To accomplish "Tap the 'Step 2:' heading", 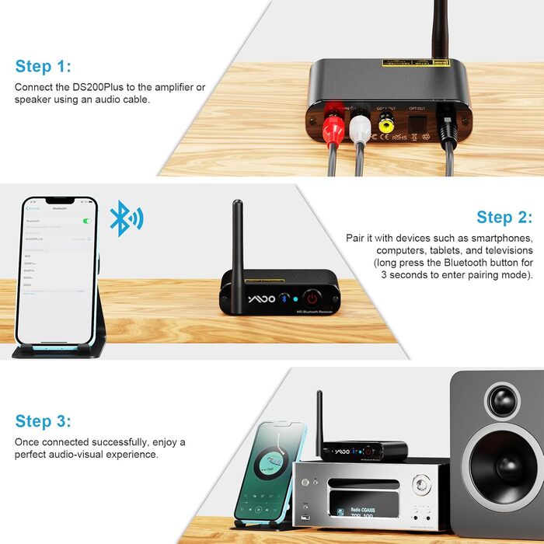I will (x=504, y=218).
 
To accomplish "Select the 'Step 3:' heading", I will (x=44, y=422).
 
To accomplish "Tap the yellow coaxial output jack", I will (x=385, y=123).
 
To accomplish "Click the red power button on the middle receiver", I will (x=311, y=298).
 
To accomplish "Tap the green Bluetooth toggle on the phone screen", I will (x=86, y=221).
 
